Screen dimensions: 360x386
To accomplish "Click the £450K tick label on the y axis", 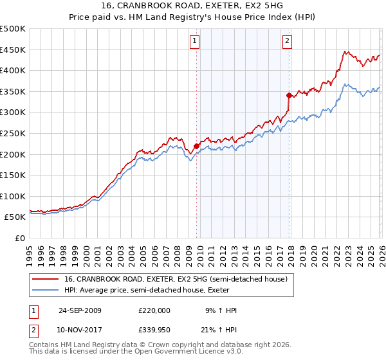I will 13,50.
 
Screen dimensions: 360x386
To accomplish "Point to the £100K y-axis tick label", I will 13,196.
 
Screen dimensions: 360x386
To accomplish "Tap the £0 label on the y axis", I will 21,238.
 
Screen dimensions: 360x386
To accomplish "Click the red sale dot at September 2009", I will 196,145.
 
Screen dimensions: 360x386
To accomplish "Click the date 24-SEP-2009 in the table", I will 80,310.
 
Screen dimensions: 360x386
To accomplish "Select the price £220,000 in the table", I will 154,310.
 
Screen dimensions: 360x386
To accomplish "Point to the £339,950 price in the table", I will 154,330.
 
